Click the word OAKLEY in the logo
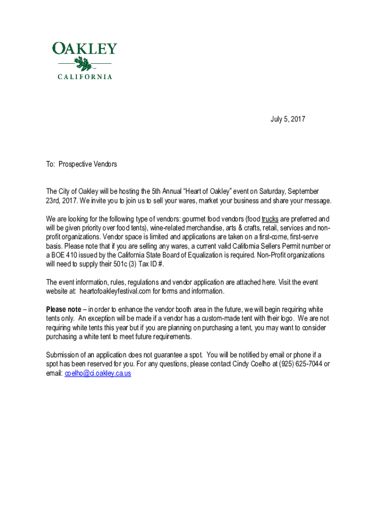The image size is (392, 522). click(85, 49)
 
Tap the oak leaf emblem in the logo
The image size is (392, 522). click(83, 64)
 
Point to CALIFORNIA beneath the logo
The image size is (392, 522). click(85, 77)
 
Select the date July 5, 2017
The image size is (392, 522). click(287, 119)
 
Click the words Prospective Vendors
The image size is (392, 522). click(88, 164)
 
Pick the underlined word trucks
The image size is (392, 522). click(270, 219)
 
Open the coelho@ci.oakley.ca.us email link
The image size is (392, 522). click(98, 374)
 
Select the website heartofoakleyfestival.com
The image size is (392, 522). click(116, 292)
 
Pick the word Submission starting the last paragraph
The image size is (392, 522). click(63, 355)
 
